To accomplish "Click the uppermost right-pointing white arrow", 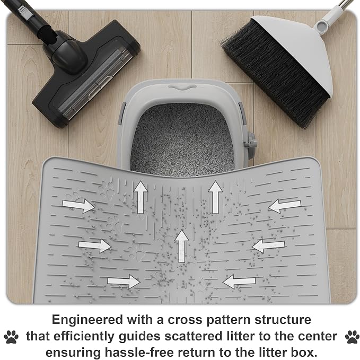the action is [x=78, y=206].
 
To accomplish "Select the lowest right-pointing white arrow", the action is [x=124, y=281].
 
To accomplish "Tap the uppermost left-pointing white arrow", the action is [x=285, y=206].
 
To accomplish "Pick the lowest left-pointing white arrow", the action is [x=239, y=281].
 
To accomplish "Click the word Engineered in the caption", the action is [x=87, y=320].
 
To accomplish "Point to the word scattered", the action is [x=194, y=336].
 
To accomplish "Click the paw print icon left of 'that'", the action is [x=11, y=337].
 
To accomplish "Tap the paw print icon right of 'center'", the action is [x=353, y=337].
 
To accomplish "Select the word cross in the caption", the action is [x=186, y=320].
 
